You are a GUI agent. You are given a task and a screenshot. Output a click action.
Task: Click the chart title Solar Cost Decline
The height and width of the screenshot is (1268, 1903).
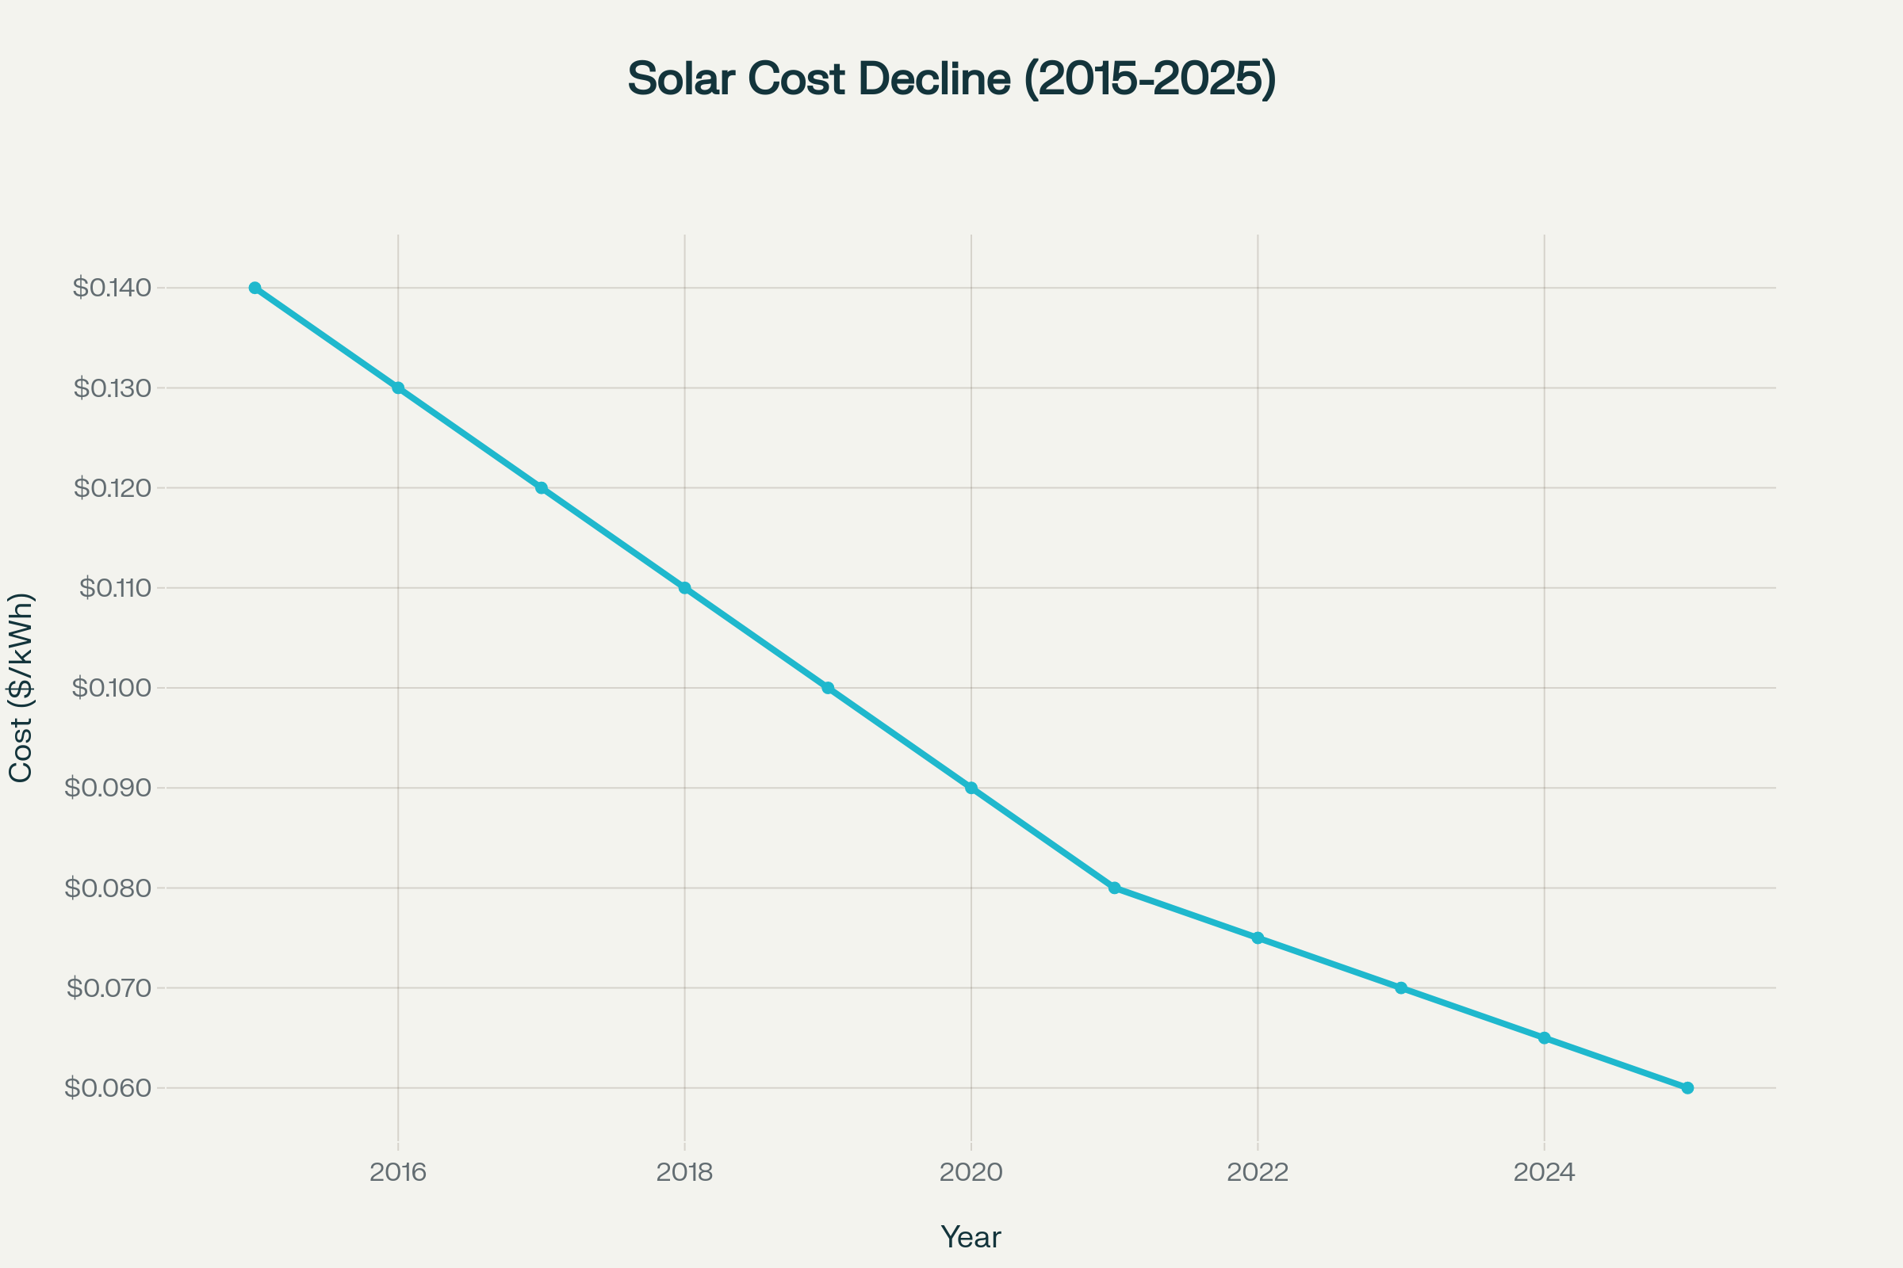tap(951, 79)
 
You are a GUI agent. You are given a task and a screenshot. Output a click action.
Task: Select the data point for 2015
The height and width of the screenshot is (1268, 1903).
tap(255, 288)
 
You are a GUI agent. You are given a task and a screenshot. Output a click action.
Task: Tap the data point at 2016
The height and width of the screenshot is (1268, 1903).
tap(398, 388)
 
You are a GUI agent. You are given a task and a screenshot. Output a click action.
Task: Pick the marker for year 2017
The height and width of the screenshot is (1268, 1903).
tap(542, 487)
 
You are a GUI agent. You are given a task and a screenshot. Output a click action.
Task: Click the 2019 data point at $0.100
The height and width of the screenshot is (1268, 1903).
tap(828, 688)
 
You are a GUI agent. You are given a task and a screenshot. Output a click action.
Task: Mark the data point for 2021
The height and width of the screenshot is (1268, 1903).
tap(1114, 888)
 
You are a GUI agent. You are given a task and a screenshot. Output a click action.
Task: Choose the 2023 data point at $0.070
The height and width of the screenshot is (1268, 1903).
tap(1401, 988)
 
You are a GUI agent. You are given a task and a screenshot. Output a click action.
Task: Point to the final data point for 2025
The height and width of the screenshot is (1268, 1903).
tap(1688, 1087)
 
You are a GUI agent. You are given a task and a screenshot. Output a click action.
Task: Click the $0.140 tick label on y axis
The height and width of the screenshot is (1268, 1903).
tap(112, 288)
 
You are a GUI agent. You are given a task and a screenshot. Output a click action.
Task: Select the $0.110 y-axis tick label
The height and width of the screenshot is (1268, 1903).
tap(115, 588)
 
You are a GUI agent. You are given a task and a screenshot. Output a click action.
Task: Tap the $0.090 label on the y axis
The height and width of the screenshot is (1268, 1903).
tap(108, 788)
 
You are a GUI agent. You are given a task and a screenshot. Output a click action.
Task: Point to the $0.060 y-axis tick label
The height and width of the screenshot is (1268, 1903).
tap(108, 1087)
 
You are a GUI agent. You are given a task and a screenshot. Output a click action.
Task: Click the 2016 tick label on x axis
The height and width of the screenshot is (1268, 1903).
tap(398, 1173)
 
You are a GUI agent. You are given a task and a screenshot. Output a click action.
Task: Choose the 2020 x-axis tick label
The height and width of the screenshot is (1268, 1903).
tap(971, 1173)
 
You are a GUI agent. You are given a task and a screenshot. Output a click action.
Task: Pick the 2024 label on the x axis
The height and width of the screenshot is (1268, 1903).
tap(1544, 1173)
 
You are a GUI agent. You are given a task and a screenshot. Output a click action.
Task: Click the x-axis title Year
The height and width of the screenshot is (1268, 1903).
tap(971, 1237)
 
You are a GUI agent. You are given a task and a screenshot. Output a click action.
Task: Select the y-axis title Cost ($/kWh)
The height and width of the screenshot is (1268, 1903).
tap(21, 687)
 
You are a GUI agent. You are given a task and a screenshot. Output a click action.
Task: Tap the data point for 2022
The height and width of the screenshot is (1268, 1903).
tap(1258, 938)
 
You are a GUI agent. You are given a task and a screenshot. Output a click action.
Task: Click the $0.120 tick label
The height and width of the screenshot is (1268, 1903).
tap(113, 487)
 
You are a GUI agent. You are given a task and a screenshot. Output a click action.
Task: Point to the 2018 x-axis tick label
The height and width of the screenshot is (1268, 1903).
tap(684, 1173)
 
